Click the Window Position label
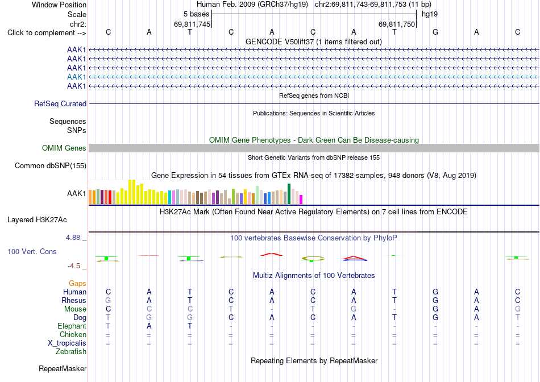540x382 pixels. pyautogui.click(x=59, y=5)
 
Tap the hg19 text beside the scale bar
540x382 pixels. pyautogui.click(x=430, y=14)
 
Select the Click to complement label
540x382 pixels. pyautogui.click(x=47, y=33)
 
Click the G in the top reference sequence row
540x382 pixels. pyautogui.click(x=435, y=32)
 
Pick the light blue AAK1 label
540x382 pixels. pyautogui.click(x=77, y=77)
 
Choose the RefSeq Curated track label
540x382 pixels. pyautogui.click(x=60, y=103)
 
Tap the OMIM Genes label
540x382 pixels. pyautogui.click(x=64, y=148)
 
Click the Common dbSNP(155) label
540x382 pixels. pyautogui.click(x=51, y=165)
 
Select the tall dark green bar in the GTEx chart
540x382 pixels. pyautogui.click(x=289, y=194)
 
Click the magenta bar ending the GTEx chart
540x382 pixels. pyautogui.click(x=301, y=200)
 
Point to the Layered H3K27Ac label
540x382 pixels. pyautogui.click(x=37, y=220)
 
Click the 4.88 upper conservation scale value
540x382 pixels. pyautogui.click(x=73, y=238)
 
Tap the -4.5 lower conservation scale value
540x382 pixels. pyautogui.click(x=74, y=266)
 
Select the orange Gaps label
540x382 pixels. pyautogui.click(x=77, y=283)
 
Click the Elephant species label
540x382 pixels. pyautogui.click(x=72, y=326)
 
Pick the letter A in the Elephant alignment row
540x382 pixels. pyautogui.click(x=149, y=326)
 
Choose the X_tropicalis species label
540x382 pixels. pyautogui.click(x=67, y=343)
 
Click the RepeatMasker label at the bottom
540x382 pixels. pyautogui.click(x=63, y=368)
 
